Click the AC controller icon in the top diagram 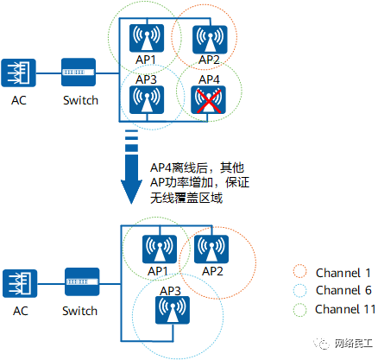click(18, 73)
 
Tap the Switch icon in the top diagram click(79, 72)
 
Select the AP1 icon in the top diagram click(147, 38)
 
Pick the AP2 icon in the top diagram click(210, 40)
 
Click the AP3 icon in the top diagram click(147, 99)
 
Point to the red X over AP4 click(209, 101)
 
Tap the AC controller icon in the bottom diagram click(20, 283)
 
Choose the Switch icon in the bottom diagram click(82, 282)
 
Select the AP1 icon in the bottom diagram click(160, 249)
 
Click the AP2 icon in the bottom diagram click(211, 249)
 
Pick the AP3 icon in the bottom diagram click(173, 310)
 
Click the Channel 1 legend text click(343, 273)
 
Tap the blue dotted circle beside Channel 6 click(300, 290)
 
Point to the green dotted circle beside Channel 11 click(300, 310)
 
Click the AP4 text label click(209, 79)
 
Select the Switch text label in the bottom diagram click(80, 311)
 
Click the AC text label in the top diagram click(19, 100)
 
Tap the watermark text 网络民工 click(354, 344)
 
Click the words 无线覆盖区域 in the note click(186, 198)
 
